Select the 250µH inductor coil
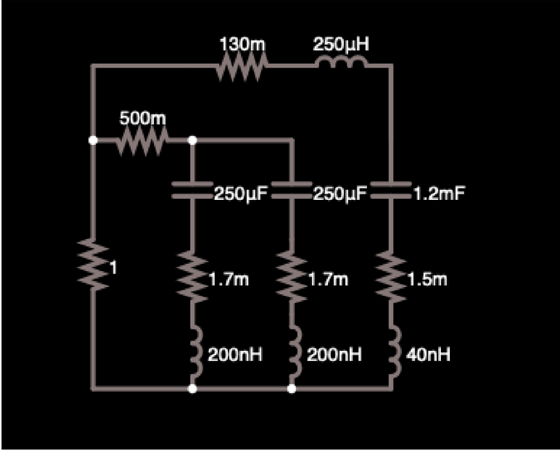coord(341,65)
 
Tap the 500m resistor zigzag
coord(142,141)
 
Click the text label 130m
coord(242,45)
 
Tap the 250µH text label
coord(341,45)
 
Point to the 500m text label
coord(143,118)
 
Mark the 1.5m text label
coord(427,280)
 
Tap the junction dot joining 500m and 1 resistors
coord(93,140)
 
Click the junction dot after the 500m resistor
coord(192,140)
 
